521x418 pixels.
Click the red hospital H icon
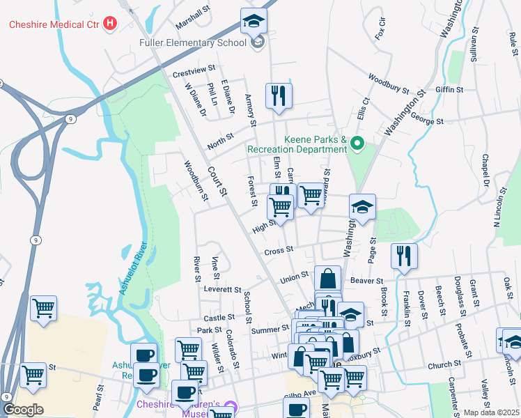(x=109, y=24)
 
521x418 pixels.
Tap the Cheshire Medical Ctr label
(x=54, y=24)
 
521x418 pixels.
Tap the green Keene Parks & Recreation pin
(x=357, y=144)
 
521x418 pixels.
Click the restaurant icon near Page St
(x=403, y=256)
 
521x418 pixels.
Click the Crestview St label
(x=192, y=72)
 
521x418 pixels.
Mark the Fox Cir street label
(x=380, y=29)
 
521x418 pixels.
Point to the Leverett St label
(x=222, y=289)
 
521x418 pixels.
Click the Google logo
(x=23, y=410)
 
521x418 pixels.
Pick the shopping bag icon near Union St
(x=327, y=279)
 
